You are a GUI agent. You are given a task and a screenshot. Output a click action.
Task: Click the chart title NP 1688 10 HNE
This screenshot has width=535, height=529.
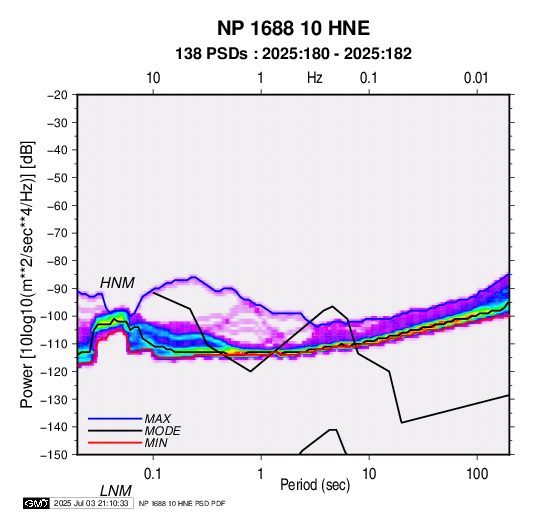[x=293, y=28]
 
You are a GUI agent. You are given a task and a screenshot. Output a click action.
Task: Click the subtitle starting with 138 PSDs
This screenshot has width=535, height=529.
[x=293, y=54]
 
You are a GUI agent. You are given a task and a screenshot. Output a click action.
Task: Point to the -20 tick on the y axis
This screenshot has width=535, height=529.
[x=57, y=95]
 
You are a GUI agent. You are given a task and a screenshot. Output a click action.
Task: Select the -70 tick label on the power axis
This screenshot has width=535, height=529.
[x=57, y=233]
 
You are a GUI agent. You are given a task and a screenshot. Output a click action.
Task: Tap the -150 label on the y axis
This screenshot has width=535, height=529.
[x=54, y=455]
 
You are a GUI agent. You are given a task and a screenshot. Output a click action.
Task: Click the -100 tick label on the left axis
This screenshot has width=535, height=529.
[x=54, y=316]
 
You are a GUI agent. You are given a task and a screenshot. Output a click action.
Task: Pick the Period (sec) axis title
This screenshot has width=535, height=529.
[x=315, y=485]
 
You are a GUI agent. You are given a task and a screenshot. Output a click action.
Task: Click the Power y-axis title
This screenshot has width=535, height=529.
[x=27, y=275]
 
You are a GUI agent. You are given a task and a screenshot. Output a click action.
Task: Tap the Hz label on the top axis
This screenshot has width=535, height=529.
[x=315, y=78]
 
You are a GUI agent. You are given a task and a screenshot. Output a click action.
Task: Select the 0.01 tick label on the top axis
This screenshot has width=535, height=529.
[x=476, y=78]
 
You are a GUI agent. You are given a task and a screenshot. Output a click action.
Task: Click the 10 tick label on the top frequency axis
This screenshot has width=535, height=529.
[x=153, y=78]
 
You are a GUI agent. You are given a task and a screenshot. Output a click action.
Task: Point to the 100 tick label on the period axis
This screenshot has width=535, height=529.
[x=477, y=474]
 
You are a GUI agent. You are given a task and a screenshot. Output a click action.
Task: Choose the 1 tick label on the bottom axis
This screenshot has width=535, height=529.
[x=261, y=474]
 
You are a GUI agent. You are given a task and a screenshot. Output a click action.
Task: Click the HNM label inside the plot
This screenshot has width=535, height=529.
[x=117, y=283]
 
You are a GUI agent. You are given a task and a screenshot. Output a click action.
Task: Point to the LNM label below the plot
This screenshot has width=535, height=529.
[x=115, y=491]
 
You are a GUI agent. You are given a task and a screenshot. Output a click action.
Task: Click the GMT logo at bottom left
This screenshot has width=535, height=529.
[x=37, y=503]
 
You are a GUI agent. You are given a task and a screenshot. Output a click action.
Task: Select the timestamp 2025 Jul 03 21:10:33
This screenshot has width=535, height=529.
[x=91, y=503]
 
